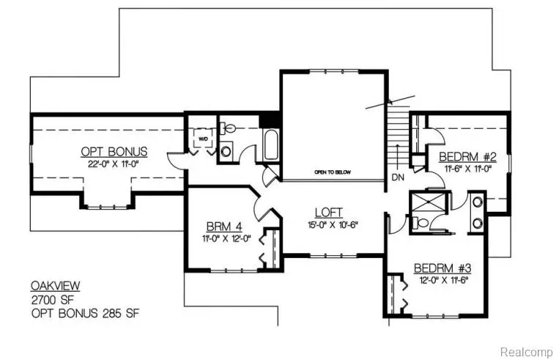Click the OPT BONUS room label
pos(114,152)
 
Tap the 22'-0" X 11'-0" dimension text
pos(114,165)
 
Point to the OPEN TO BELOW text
pos(333,172)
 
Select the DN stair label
pos(398,177)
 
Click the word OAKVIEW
pos(56,285)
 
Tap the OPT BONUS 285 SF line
pos(84,313)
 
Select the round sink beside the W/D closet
pos(226,151)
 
